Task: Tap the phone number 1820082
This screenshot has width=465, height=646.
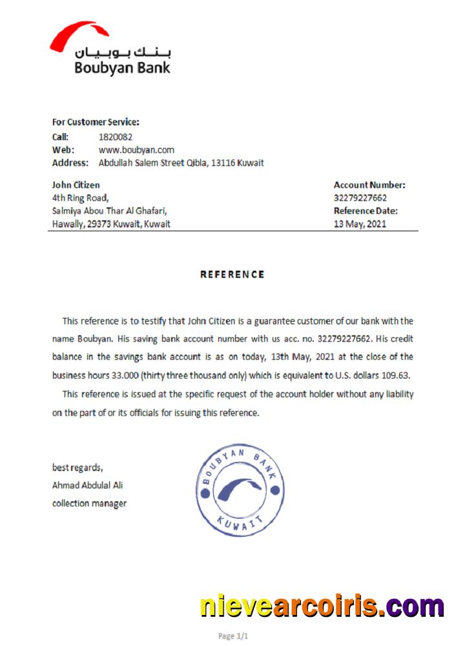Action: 116,137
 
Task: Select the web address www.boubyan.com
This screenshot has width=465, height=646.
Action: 136,150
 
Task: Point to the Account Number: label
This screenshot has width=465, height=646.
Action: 369,185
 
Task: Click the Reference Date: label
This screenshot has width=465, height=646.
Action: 366,211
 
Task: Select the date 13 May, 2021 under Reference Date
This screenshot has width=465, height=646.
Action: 360,225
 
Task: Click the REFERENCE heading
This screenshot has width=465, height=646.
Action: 232,275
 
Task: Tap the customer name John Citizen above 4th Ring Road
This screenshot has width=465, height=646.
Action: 76,185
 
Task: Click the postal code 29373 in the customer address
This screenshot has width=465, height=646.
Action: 99,225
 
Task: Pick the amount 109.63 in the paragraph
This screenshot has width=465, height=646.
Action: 397,375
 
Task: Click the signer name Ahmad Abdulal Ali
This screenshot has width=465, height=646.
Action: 87,485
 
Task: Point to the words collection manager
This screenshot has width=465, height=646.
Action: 89,503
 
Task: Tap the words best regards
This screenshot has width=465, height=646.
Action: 77,467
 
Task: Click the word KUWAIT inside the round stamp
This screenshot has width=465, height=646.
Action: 240,525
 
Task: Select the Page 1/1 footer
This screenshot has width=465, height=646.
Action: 233,636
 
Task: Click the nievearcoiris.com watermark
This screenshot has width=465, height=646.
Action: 322,607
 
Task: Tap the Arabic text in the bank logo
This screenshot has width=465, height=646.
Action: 123,53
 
